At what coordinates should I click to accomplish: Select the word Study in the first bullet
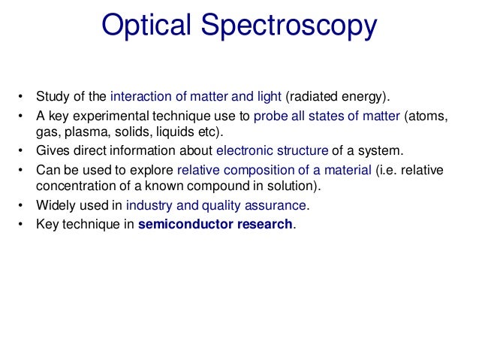pyautogui.click(x=52, y=96)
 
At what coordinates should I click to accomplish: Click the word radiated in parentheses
pyautogui.click(x=319, y=96)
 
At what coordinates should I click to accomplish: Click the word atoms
pyautogui.click(x=432, y=116)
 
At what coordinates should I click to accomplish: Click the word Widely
pyautogui.click(x=55, y=205)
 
